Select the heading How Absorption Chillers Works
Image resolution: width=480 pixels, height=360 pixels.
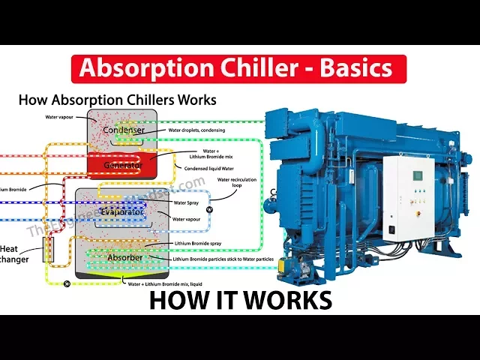tap(117, 99)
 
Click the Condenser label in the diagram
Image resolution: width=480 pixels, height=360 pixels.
tap(123, 130)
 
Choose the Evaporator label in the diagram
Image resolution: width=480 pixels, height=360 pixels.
tap(122, 211)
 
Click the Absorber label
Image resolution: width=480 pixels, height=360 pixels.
tap(124, 257)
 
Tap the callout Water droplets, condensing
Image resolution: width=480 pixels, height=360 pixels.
tap(202, 130)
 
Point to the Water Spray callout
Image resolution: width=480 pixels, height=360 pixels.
tap(187, 202)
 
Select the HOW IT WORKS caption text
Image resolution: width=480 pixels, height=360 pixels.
tap(240, 300)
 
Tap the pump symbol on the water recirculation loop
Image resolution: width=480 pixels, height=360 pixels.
tap(209, 210)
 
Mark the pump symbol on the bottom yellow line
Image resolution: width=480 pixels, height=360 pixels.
tap(67, 283)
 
